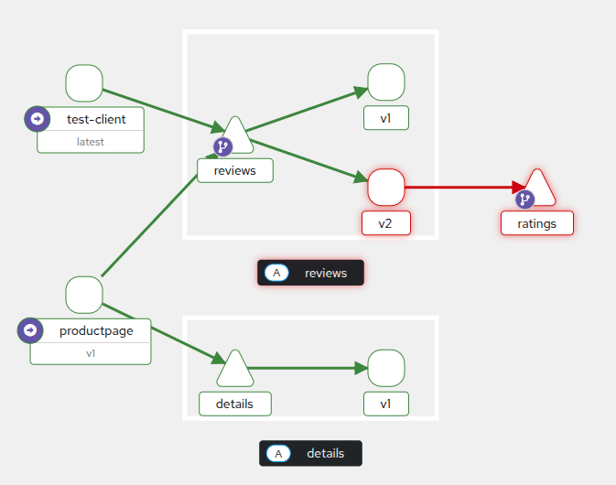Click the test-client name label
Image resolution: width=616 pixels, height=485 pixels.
[96, 119]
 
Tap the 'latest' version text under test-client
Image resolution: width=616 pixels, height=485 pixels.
[91, 142]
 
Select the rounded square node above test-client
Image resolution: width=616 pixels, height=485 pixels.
[84, 83]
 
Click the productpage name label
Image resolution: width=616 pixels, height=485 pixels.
[96, 330]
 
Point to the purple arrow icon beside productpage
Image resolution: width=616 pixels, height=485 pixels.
[30, 330]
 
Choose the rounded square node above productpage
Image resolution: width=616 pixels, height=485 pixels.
[84, 295]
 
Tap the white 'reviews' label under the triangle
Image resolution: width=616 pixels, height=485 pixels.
[234, 170]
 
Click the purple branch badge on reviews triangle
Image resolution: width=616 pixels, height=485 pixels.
[223, 146]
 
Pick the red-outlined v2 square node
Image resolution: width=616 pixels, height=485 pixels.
[385, 187]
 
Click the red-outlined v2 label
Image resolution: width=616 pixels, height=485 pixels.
[385, 222]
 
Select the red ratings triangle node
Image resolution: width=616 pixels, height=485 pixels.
[538, 188]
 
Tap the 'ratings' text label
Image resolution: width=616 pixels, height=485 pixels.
[536, 222]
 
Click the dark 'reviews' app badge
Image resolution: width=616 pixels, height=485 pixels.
[311, 273]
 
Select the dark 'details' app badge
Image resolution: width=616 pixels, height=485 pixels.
[310, 453]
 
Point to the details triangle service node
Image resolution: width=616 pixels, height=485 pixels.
[235, 369]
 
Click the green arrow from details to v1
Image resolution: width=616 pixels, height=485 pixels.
[307, 368]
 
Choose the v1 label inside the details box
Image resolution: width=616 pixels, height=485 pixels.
[385, 404]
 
